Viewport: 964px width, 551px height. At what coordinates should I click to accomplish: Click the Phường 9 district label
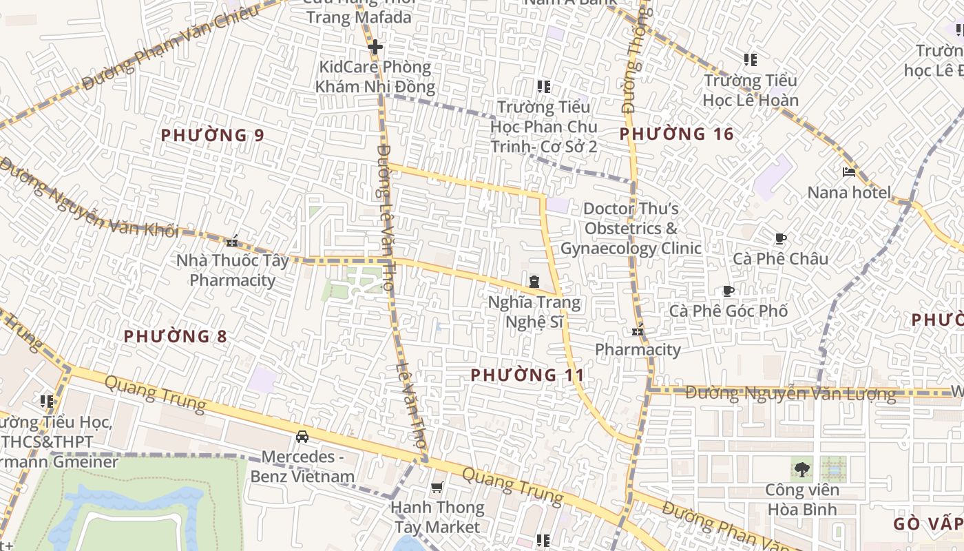point(212,135)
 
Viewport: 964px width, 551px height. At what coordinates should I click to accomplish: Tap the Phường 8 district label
point(175,336)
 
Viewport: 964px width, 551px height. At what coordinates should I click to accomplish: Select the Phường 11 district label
point(527,375)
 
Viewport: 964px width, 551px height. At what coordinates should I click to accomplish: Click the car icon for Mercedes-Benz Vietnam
point(302,436)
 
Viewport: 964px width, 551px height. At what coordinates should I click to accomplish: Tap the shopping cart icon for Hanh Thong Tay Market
point(437,488)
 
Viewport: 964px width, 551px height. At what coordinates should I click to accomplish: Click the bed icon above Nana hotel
point(849,172)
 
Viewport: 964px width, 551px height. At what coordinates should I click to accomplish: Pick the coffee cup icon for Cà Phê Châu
point(780,239)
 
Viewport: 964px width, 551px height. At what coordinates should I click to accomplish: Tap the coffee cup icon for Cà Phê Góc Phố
point(729,291)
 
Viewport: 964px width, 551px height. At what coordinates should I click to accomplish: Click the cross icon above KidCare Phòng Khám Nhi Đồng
point(375,47)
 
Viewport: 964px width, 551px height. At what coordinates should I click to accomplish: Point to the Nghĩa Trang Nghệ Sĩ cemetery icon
point(534,282)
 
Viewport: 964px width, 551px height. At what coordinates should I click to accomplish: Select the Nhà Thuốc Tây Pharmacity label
point(233,270)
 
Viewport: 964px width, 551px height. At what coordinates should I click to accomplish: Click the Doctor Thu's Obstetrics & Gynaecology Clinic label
point(631,229)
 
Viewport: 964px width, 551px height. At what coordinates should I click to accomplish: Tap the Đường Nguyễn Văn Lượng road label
point(790,394)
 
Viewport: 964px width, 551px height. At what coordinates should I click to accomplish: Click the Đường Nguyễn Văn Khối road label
point(90,200)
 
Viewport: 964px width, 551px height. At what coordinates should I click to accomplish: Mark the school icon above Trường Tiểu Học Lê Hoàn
point(751,60)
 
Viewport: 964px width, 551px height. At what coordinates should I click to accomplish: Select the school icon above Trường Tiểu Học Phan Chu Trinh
point(544,87)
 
